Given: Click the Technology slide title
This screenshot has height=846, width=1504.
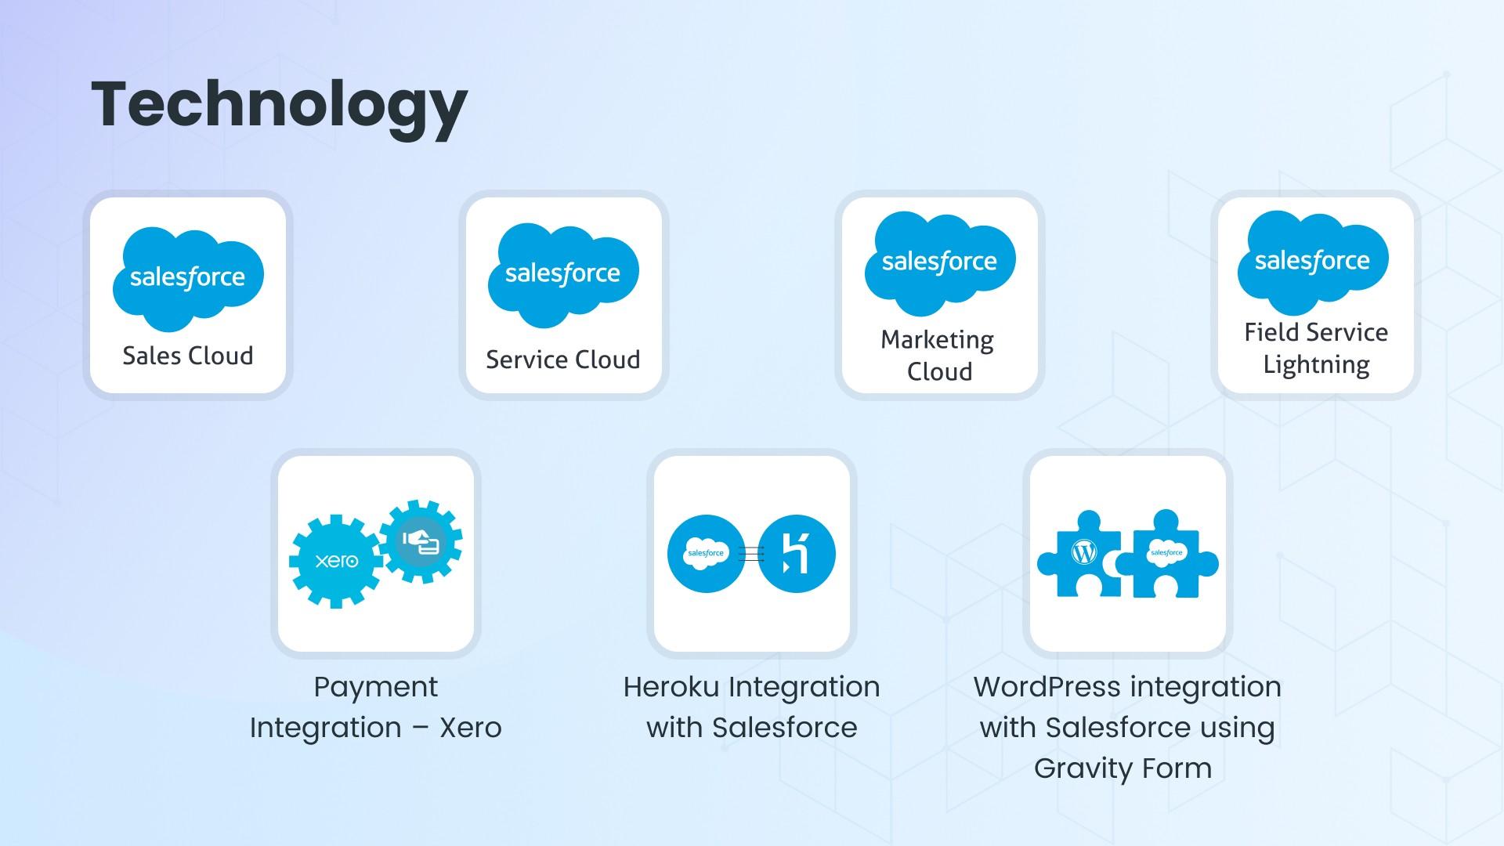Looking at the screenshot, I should pyautogui.click(x=279, y=105).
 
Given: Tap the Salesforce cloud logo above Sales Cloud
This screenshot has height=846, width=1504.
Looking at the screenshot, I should pyautogui.click(x=188, y=278).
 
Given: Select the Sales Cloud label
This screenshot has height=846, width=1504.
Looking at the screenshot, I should pyautogui.click(x=188, y=356).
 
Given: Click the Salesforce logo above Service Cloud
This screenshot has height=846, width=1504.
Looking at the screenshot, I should pyautogui.click(x=563, y=274).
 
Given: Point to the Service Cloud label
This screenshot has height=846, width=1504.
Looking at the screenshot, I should pyautogui.click(x=563, y=360).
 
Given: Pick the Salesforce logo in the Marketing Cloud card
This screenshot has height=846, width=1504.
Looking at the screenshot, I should pyautogui.click(x=939, y=262).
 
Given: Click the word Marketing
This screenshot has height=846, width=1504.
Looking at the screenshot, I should pyautogui.click(x=937, y=340).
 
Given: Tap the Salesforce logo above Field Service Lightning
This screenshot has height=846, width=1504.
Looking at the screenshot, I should pyautogui.click(x=1313, y=261).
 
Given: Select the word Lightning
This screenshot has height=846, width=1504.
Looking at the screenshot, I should pyautogui.click(x=1316, y=365).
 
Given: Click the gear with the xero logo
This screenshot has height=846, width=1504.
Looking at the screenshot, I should pyautogui.click(x=335, y=561).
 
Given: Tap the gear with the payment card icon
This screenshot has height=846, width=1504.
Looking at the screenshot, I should pyautogui.click(x=421, y=541).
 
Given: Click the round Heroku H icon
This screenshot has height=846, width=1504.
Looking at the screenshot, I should pyautogui.click(x=797, y=554).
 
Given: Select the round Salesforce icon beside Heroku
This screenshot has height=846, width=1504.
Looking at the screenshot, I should pyautogui.click(x=706, y=554).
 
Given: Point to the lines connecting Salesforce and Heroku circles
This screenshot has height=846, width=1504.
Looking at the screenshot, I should pyautogui.click(x=751, y=554).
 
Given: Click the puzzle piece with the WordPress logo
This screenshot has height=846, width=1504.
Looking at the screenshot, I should pyautogui.click(x=1081, y=556).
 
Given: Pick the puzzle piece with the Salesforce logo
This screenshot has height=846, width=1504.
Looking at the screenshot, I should pyautogui.click(x=1167, y=556).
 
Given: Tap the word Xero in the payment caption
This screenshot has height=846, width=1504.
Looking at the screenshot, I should pyautogui.click(x=470, y=728).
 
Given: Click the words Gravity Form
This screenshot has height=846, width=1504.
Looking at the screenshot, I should pyautogui.click(x=1123, y=768).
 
